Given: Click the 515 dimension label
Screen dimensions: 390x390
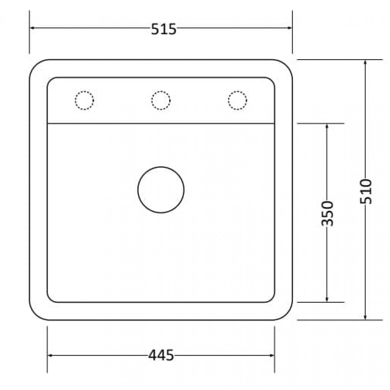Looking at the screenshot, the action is coord(164,29).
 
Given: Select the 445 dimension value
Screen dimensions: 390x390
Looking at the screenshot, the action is coord(161,355).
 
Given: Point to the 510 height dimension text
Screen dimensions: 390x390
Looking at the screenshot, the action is coord(366,191).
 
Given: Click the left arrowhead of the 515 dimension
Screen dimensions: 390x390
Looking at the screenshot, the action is coord(32,28).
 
